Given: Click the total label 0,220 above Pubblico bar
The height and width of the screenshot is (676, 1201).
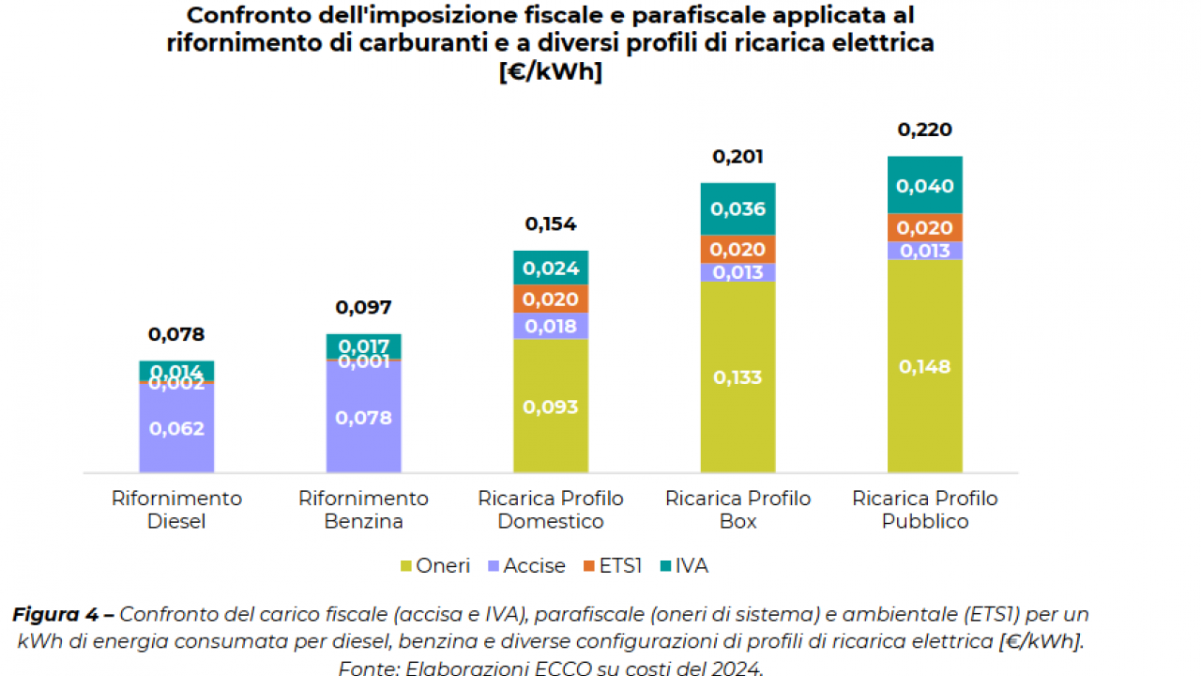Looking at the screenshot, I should pyautogui.click(x=924, y=131).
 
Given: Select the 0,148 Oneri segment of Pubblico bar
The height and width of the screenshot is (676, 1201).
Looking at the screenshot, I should pyautogui.click(x=924, y=367).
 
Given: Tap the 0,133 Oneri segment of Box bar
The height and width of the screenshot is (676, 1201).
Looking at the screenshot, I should pyautogui.click(x=737, y=377).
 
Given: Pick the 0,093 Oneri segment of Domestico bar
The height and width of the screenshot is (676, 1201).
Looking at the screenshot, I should pyautogui.click(x=550, y=407).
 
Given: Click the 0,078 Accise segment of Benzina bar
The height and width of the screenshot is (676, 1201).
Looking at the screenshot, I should pyautogui.click(x=363, y=418).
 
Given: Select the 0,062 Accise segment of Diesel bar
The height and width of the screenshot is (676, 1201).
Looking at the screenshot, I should pyautogui.click(x=176, y=428).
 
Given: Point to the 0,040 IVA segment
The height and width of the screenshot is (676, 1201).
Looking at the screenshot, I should pyautogui.click(x=924, y=186).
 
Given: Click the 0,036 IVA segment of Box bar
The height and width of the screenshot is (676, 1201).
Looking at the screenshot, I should pyautogui.click(x=737, y=209).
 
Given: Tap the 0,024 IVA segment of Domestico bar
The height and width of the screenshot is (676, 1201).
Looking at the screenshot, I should pyautogui.click(x=550, y=269).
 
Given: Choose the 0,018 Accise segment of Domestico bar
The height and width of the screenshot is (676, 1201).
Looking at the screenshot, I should pyautogui.click(x=550, y=326).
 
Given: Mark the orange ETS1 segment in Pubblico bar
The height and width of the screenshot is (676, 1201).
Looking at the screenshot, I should pyautogui.click(x=924, y=228).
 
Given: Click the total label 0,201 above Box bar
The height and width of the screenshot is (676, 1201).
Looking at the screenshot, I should pyautogui.click(x=737, y=157).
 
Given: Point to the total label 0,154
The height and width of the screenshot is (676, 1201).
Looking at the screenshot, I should pyautogui.click(x=550, y=224).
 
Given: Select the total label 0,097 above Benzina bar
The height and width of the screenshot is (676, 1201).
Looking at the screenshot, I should pyautogui.click(x=363, y=308).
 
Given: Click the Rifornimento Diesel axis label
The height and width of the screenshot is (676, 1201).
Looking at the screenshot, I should pyautogui.click(x=176, y=510).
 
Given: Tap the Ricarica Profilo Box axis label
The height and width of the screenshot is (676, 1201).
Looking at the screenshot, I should pyautogui.click(x=737, y=510).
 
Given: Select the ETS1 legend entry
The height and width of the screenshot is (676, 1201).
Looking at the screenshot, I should pyautogui.click(x=612, y=566).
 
